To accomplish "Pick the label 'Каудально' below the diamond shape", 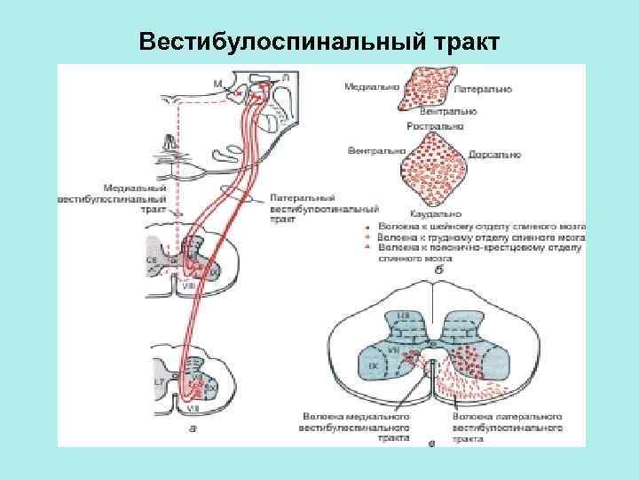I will (x=436, y=214).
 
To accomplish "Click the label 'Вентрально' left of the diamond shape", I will (x=376, y=151).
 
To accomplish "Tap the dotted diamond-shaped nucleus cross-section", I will (x=435, y=171).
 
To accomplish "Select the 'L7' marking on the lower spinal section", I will (x=159, y=381).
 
